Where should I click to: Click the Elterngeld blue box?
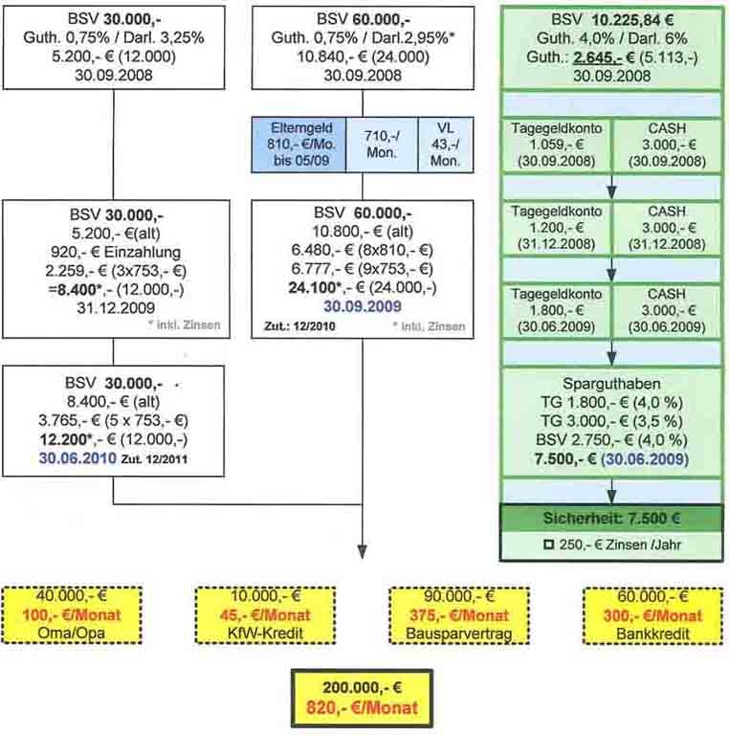298,145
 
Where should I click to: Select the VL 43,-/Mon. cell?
446,145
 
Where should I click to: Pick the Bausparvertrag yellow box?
452,613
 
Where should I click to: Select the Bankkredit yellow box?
644,613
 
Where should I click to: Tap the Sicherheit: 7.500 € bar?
611,522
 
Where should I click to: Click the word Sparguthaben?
611,384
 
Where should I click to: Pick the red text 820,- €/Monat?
362,709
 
